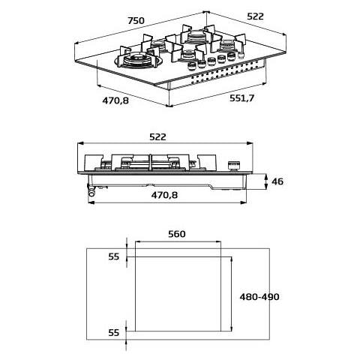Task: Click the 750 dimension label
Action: tap(136, 20)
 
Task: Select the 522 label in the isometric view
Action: tap(255, 16)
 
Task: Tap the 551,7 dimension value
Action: tap(241, 98)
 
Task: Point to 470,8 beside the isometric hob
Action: tap(115, 100)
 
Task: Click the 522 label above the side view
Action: tap(157, 137)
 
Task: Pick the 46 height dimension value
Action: tap(277, 181)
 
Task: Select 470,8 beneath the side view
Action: tap(164, 195)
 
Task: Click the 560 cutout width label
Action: tap(177, 234)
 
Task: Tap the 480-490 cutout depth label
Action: tap(259, 297)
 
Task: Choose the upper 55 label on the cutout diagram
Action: tap(114, 256)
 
